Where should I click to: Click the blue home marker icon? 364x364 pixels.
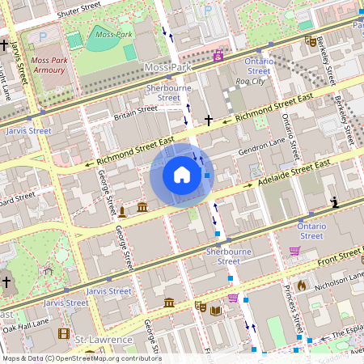tap(182, 174)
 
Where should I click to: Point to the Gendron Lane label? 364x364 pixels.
tap(262, 150)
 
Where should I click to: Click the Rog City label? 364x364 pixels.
tap(250, 82)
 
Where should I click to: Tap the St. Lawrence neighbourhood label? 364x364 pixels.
tap(104, 340)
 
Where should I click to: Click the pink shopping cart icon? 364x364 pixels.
tap(294, 252)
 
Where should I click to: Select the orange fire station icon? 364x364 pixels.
tap(302, 285)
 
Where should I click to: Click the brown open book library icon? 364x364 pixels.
tap(215, 310)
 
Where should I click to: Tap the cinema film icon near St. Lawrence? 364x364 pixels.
tap(64, 333)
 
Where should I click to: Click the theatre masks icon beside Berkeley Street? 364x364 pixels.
tap(311, 40)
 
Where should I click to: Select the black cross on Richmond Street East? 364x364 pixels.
tap(209, 121)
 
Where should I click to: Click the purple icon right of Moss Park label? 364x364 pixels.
tap(217, 56)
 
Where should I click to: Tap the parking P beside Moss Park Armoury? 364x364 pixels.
tap(43, 36)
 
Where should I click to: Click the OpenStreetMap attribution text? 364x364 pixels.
tap(81, 358)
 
